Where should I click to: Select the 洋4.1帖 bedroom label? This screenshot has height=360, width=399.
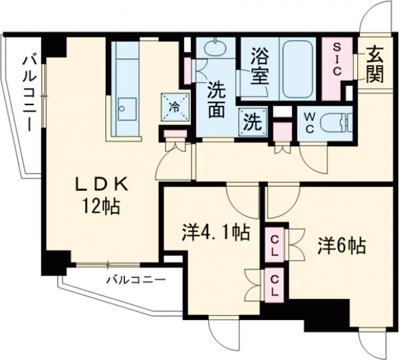click(x=216, y=234)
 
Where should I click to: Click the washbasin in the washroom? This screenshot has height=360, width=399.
click(x=215, y=49)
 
